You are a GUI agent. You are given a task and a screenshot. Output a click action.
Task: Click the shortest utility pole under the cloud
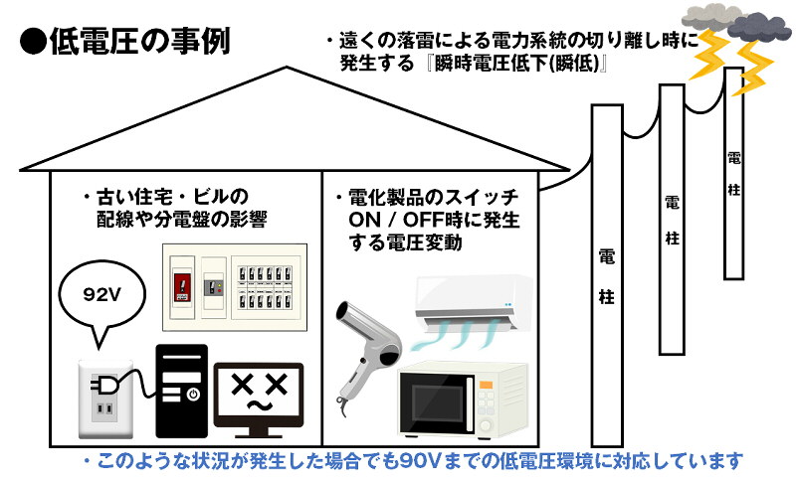click(733, 171)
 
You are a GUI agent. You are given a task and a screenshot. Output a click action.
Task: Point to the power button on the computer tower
click(193, 395)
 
